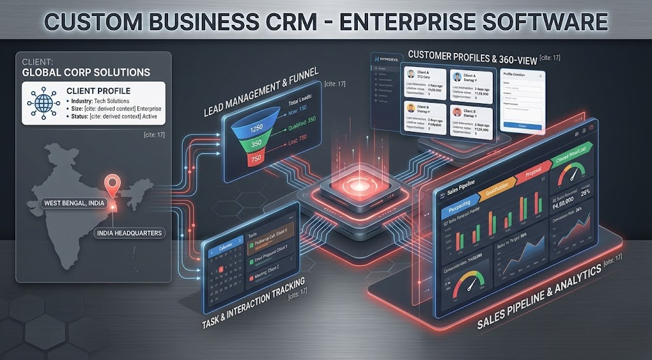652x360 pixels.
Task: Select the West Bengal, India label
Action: click(74, 203)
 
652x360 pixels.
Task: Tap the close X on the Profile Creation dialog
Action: click(541, 76)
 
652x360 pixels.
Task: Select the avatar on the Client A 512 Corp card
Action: click(411, 73)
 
